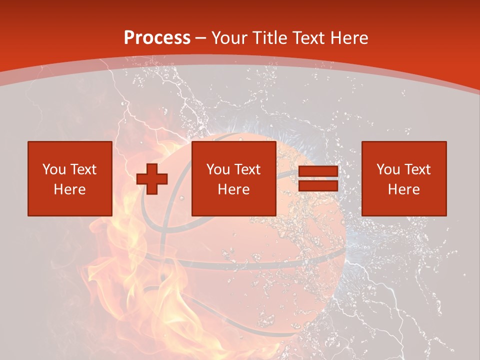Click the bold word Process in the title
157,38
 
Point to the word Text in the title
308,38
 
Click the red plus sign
152,178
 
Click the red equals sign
318,178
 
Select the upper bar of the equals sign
318,171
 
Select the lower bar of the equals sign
318,185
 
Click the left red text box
70,178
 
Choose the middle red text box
234,178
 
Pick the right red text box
404,178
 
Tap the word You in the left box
54,169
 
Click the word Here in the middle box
234,189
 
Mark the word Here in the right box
404,189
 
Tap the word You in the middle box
218,169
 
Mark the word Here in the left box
70,189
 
